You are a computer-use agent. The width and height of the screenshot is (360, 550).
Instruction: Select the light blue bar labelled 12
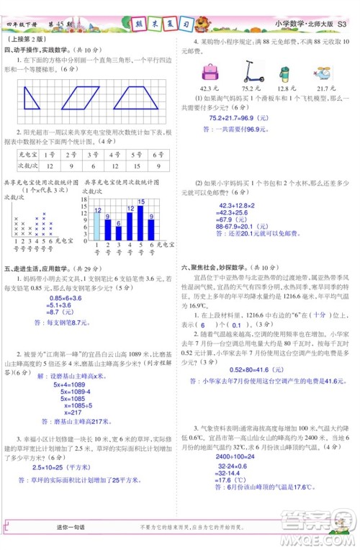click(x=96, y=225)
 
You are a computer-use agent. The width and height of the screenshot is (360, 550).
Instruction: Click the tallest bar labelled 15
click(x=141, y=220)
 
